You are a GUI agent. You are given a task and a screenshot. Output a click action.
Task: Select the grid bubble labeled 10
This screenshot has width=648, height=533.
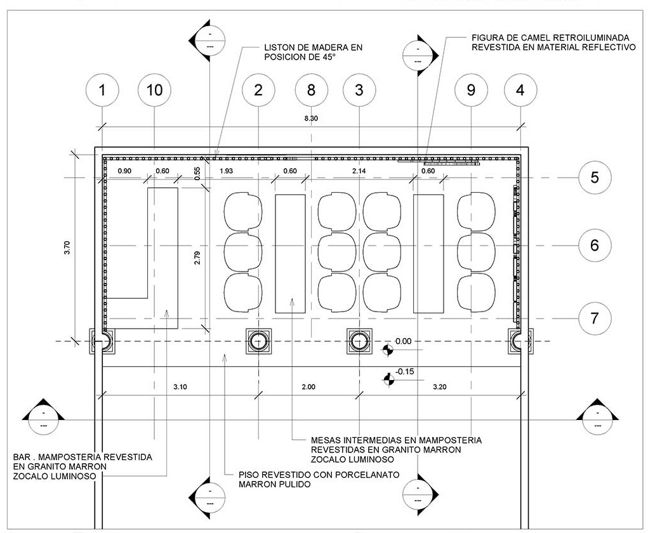tap(154, 90)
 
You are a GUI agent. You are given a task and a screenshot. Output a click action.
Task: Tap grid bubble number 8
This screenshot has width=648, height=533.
tap(310, 90)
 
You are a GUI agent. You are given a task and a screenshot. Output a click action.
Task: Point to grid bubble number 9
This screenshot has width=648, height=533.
tap(470, 90)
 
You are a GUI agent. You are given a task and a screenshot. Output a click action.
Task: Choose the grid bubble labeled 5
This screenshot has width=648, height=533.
tap(594, 177)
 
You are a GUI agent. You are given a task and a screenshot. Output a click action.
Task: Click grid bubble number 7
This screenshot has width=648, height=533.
tap(594, 317)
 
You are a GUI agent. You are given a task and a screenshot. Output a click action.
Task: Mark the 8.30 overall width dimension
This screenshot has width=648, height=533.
tap(311, 119)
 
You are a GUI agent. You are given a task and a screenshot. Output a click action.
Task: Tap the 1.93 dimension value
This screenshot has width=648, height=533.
tap(226, 171)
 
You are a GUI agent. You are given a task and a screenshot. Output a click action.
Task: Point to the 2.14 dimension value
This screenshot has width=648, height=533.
tap(359, 171)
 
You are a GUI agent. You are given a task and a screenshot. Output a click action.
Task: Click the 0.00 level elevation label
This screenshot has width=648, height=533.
tap(403, 341)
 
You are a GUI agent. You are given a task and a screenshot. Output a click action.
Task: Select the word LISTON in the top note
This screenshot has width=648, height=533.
tap(281, 48)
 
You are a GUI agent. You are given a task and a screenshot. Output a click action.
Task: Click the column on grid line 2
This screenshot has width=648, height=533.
tap(258, 341)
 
